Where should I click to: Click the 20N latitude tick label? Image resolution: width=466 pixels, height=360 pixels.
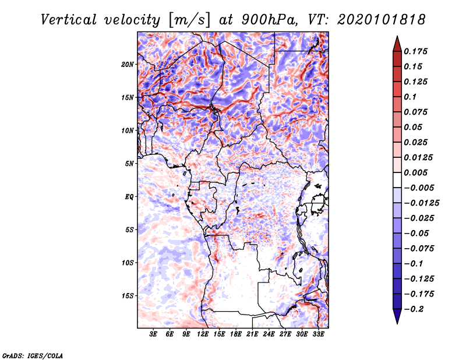pyautogui.click(x=128, y=64)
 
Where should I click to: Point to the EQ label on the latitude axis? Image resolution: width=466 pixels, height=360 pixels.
pyautogui.click(x=129, y=196)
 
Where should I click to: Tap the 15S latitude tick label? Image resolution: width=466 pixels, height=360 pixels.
pyautogui.click(x=128, y=296)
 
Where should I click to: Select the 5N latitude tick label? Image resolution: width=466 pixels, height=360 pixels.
pyautogui.click(x=129, y=164)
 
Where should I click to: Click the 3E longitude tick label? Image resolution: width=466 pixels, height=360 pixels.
pyautogui.click(x=153, y=334)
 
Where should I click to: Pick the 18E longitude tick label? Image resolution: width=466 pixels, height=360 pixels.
pyautogui.click(x=236, y=334)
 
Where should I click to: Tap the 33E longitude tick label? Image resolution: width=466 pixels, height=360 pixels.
pyautogui.click(x=318, y=334)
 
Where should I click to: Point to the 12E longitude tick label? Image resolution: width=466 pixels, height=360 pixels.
pyautogui.click(x=203, y=334)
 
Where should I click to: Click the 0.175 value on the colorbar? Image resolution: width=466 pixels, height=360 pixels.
pyautogui.click(x=415, y=51)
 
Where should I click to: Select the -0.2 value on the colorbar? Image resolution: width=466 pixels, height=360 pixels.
pyautogui.click(x=414, y=309)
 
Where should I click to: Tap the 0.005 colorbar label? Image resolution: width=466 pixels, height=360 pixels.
pyautogui.click(x=415, y=172)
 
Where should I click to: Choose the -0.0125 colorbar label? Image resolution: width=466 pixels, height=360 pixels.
pyautogui.click(x=421, y=203)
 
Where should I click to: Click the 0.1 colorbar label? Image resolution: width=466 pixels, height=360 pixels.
pyautogui.click(x=410, y=97)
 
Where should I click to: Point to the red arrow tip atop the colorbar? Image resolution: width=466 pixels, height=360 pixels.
pyautogui.click(x=397, y=37)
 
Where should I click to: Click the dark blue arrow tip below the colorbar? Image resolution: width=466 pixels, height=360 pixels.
pyautogui.click(x=397, y=323)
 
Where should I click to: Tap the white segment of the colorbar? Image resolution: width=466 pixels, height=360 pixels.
pyautogui.click(x=397, y=180)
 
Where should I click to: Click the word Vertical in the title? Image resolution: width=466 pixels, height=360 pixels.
pyautogui.click(x=69, y=20)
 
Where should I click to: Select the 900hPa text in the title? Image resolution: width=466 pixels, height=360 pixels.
pyautogui.click(x=269, y=20)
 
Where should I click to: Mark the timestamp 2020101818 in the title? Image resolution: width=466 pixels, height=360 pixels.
pyautogui.click(x=381, y=20)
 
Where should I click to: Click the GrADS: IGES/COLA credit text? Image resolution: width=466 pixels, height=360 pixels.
pyautogui.click(x=33, y=355)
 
